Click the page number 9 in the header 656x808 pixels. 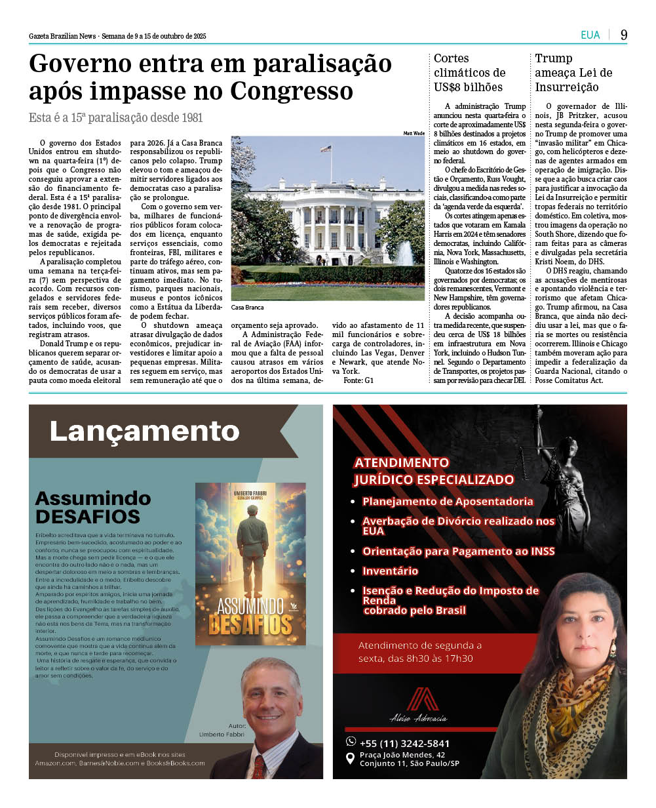624,35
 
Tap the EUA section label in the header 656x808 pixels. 590,35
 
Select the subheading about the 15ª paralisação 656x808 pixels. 116,118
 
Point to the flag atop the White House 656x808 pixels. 326,149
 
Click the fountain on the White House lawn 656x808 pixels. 404,254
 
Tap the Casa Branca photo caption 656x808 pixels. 247,307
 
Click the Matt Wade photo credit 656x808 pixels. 414,133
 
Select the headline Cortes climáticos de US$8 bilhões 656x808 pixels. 469,73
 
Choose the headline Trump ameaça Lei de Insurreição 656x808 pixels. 573,73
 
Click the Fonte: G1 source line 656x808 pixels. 358,380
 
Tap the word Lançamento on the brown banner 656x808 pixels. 144,431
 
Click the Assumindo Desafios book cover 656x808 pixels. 250,564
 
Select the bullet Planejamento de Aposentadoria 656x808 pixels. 448,502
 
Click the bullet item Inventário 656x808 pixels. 390,571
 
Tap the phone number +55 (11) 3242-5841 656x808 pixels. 404,743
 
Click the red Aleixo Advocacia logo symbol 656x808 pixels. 422,699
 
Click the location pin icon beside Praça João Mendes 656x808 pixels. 351,758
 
